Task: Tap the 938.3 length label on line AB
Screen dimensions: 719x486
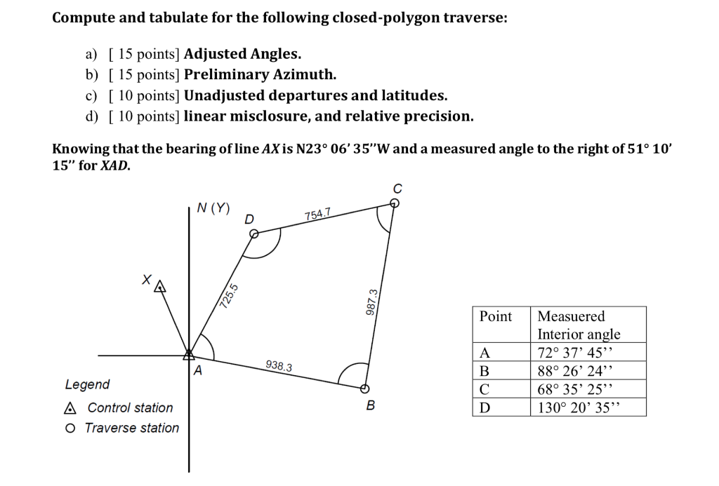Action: click(279, 366)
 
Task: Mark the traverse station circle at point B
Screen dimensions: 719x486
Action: click(364, 389)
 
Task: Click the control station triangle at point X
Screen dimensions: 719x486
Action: click(160, 286)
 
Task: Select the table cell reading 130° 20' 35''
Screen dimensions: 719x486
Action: click(580, 407)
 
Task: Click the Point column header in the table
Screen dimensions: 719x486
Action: click(496, 316)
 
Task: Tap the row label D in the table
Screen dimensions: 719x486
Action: click(484, 407)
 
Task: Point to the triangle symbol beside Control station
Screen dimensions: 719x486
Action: click(69, 408)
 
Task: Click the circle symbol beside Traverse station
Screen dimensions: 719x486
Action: click(69, 428)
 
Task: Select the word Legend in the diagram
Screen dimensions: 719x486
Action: click(87, 384)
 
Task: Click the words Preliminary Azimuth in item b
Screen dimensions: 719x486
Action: click(260, 74)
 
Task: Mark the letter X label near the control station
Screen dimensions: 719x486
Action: click(145, 278)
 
